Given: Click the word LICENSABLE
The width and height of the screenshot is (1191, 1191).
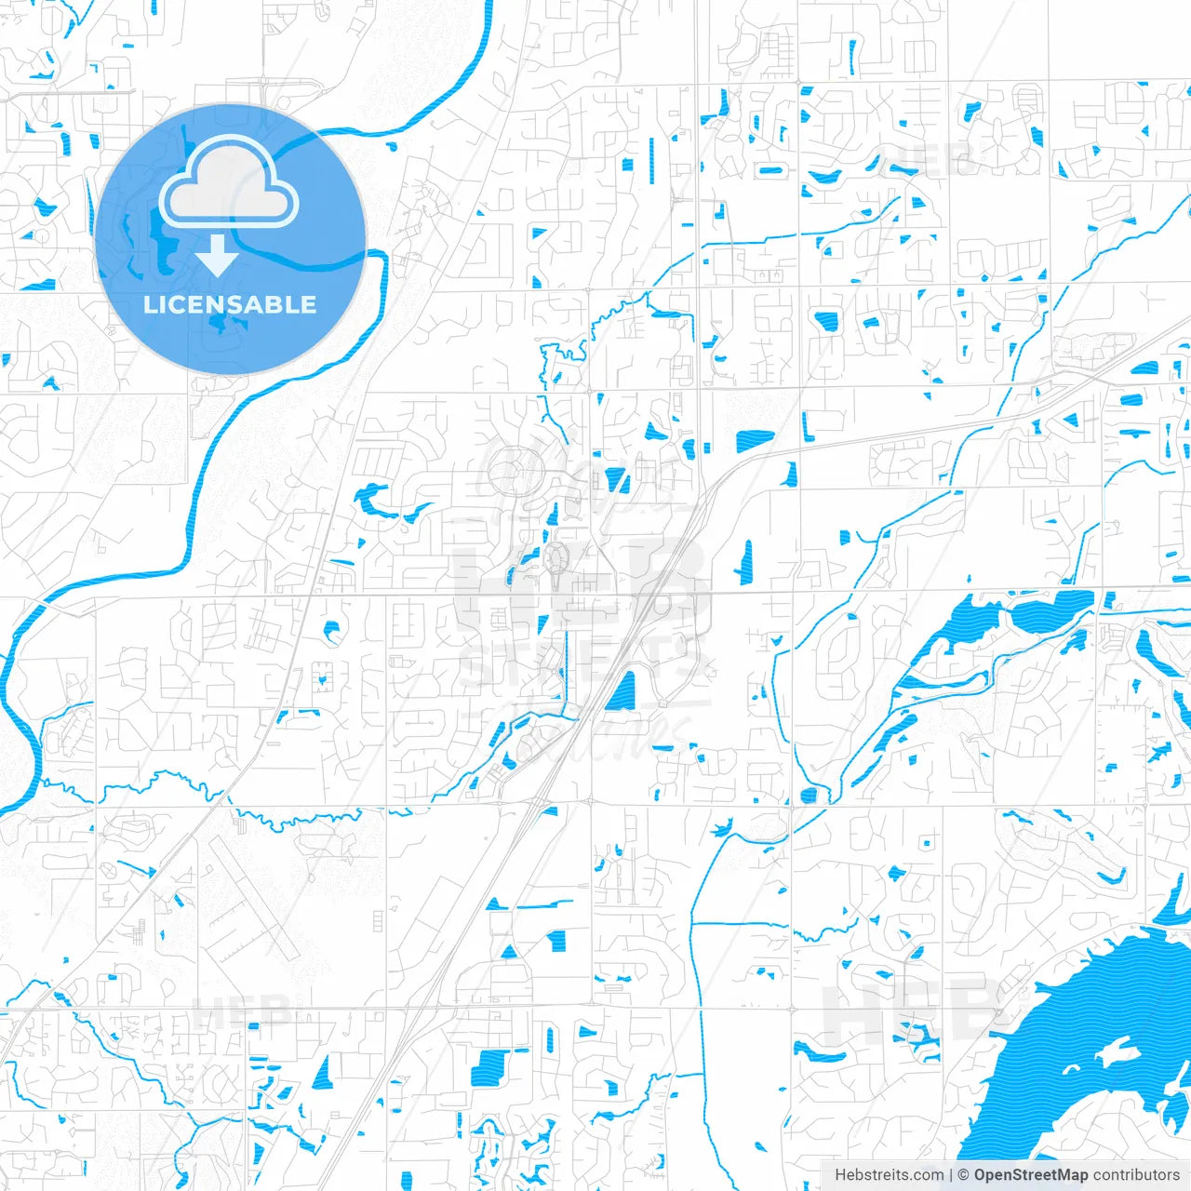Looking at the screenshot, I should pyautogui.click(x=230, y=304).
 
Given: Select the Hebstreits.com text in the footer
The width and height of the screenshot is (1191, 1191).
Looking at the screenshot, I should pyautogui.click(x=889, y=1175).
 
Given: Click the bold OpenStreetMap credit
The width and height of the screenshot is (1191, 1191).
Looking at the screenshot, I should pyautogui.click(x=1030, y=1175).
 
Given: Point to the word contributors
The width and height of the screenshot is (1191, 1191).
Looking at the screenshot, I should pyautogui.click(x=1136, y=1175).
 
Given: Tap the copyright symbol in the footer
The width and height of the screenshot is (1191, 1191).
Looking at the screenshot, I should pyautogui.click(x=964, y=1175).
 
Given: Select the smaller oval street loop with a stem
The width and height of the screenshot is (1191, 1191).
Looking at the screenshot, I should pyautogui.click(x=556, y=558).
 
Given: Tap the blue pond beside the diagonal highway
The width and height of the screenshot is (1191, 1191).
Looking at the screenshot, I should pyautogui.click(x=621, y=691).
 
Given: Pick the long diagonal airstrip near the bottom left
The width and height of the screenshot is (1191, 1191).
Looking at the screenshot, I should pyautogui.click(x=251, y=898).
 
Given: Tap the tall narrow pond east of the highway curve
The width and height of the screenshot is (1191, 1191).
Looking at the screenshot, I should pyautogui.click(x=745, y=562).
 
